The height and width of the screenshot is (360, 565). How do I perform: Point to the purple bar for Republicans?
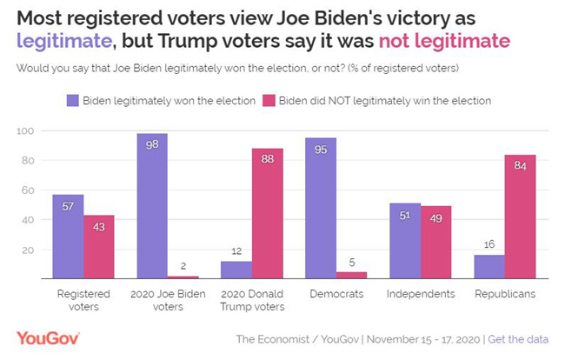pos(489,267)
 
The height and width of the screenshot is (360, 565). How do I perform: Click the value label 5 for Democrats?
pos(351,263)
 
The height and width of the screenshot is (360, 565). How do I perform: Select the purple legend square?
pos(72,101)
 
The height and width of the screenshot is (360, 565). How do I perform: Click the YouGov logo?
pos(49,338)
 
